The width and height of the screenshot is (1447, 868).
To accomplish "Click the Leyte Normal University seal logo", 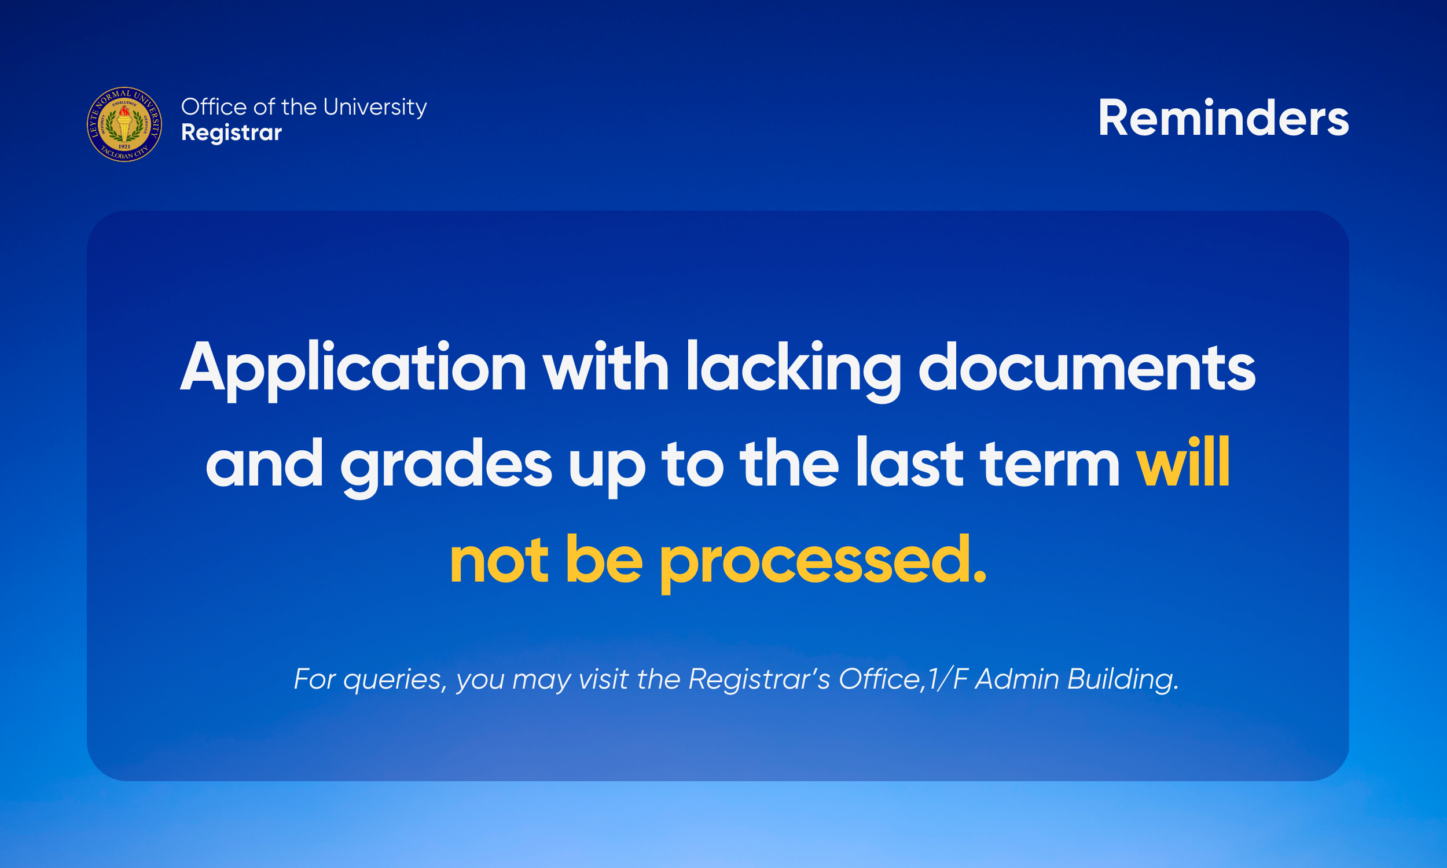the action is coord(124,124).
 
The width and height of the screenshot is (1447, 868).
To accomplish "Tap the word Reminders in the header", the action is coord(1223,118).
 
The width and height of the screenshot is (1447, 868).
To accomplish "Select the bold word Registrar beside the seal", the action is coord(232,133).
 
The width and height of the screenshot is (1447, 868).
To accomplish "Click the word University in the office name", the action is coord(374,108).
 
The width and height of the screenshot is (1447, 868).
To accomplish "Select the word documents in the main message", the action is coord(1087,367).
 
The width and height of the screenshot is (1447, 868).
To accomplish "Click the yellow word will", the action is coord(1182,463).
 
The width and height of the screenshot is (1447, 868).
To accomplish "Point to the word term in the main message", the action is coord(1050,465).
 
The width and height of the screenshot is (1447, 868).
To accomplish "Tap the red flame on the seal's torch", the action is coord(124,111).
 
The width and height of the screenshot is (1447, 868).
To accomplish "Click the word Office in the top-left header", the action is coord(214,108).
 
